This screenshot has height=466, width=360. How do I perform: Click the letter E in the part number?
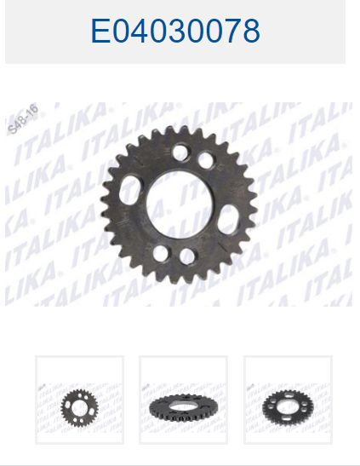[x=100, y=31]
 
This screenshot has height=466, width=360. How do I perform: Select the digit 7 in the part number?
[x=231, y=31]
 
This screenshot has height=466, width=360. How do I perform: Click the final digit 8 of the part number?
[x=251, y=31]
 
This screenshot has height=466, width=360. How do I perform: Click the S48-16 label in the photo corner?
[x=23, y=118]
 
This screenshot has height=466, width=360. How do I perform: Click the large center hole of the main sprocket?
[x=180, y=204]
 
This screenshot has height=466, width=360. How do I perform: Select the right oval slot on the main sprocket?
[x=230, y=219]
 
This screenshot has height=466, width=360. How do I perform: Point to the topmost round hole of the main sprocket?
[x=180, y=152]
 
